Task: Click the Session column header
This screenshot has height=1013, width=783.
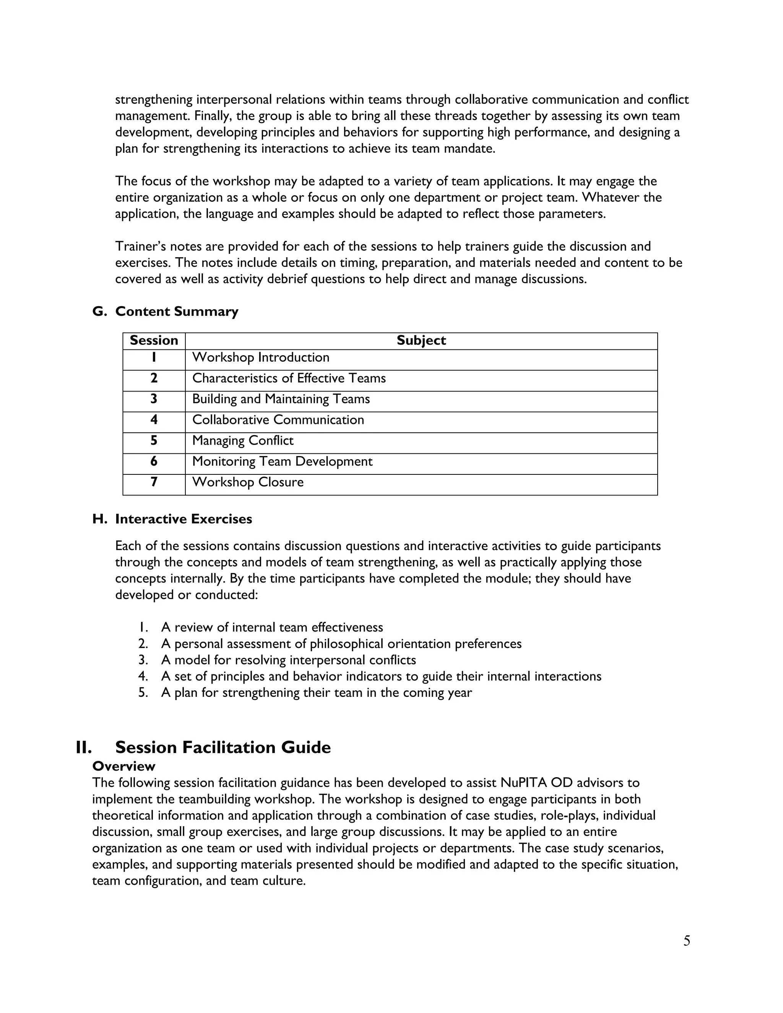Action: click(x=154, y=341)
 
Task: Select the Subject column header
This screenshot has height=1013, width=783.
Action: click(x=421, y=341)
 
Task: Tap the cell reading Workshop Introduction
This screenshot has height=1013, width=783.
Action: click(x=261, y=358)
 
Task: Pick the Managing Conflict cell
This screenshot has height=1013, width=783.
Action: click(x=243, y=441)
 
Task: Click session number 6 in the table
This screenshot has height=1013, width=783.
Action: click(x=154, y=461)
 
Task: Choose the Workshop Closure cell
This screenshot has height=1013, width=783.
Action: click(x=248, y=482)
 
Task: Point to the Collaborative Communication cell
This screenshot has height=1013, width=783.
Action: click(x=278, y=420)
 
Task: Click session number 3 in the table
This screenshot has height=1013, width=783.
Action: click(x=154, y=399)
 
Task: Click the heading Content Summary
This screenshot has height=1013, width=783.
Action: click(x=177, y=311)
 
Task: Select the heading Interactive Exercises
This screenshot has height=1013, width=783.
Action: click(x=183, y=519)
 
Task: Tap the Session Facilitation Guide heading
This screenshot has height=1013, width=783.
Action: click(x=223, y=748)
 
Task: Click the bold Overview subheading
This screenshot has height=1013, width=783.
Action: click(x=123, y=766)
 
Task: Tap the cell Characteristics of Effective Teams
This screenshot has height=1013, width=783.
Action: click(x=289, y=378)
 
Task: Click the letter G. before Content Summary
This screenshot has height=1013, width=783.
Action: click(x=100, y=311)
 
